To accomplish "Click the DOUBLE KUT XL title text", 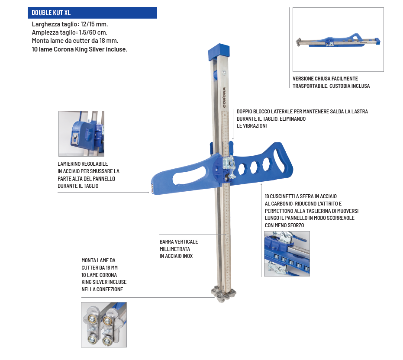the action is point(51,13).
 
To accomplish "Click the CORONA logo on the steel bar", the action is point(224,97).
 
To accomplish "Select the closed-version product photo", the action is point(338,39).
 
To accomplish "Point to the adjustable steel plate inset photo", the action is point(81,134).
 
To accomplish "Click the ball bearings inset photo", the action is point(287,254).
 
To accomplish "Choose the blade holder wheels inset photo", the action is point(104,325).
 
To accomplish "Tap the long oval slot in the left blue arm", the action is point(190,176).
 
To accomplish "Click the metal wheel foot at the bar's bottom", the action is point(223,295).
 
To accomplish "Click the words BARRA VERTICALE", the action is point(179,242).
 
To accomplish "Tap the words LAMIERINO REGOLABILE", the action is point(83,164).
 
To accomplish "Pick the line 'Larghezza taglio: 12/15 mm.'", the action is point(70,24).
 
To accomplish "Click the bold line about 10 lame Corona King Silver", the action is point(80,49).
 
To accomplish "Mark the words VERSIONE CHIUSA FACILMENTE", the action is point(326,79).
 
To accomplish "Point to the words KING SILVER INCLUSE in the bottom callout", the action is point(104,282).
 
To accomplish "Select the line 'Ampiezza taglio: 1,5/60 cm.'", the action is point(70,32).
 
